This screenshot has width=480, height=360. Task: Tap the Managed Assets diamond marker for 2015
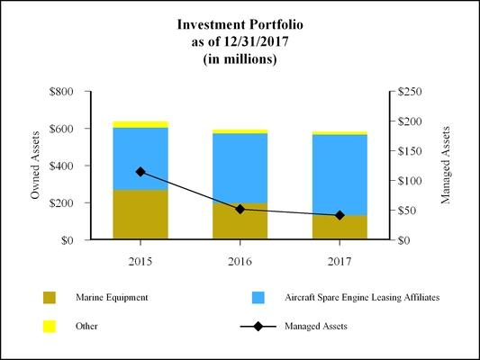140,172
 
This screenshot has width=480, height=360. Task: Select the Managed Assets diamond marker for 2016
240,209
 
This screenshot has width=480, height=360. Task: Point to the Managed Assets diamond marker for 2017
340,216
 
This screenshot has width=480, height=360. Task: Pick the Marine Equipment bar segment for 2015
140,214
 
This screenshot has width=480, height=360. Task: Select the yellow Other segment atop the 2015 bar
140,124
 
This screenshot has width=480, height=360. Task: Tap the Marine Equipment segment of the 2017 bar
340,228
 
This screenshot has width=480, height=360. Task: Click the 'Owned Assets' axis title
36,166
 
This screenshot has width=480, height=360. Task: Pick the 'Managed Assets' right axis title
445,166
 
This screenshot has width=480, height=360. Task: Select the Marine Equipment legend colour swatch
50,297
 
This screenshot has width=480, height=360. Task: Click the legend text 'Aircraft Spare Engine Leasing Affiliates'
361,297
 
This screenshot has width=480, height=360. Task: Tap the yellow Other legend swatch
50,326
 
